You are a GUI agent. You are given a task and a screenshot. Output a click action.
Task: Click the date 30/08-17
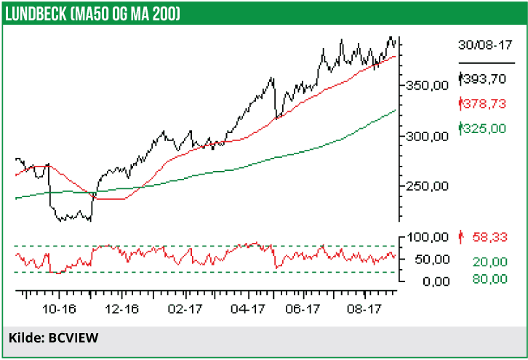tap(485, 44)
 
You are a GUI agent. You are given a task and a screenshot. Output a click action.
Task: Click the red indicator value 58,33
tap(488, 237)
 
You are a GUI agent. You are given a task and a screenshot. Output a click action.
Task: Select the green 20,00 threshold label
tap(488, 261)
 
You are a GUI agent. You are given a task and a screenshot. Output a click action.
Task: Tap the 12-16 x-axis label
tap(122, 309)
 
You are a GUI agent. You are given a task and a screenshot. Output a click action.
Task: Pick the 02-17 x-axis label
tap(185, 309)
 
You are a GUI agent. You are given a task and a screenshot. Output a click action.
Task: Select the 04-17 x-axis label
tap(248, 309)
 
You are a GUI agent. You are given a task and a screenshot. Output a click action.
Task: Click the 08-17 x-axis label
tap(369, 309)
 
